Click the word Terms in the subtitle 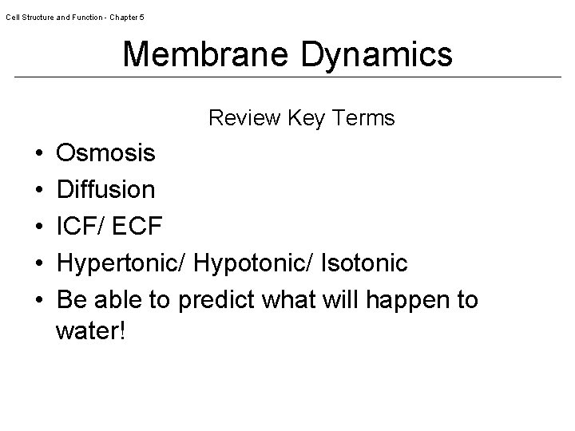click(x=365, y=118)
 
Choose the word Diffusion click(x=107, y=189)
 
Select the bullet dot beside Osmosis click(x=39, y=153)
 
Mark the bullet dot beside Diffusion click(x=39, y=190)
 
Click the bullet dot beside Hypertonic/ click(x=39, y=263)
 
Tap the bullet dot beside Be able click(x=39, y=301)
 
